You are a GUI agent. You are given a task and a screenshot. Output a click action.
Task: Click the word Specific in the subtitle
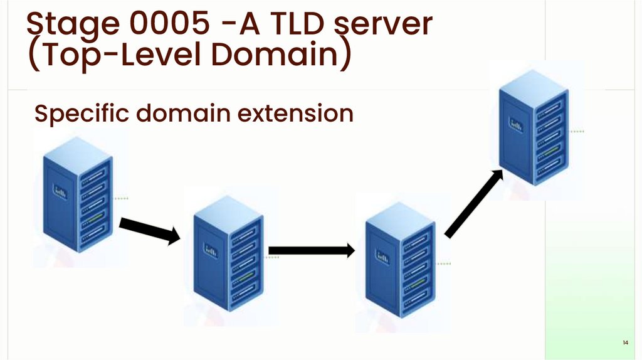pos(81,114)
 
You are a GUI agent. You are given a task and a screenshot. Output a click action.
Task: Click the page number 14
pos(625,343)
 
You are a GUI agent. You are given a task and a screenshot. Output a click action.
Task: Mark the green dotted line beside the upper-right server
pos(577,132)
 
